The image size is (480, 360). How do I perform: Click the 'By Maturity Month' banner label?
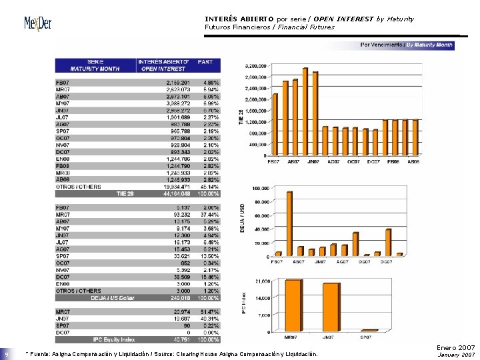click(429, 45)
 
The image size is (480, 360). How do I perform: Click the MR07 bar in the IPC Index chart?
click(293, 305)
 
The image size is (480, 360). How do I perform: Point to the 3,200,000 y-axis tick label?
click(257, 66)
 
